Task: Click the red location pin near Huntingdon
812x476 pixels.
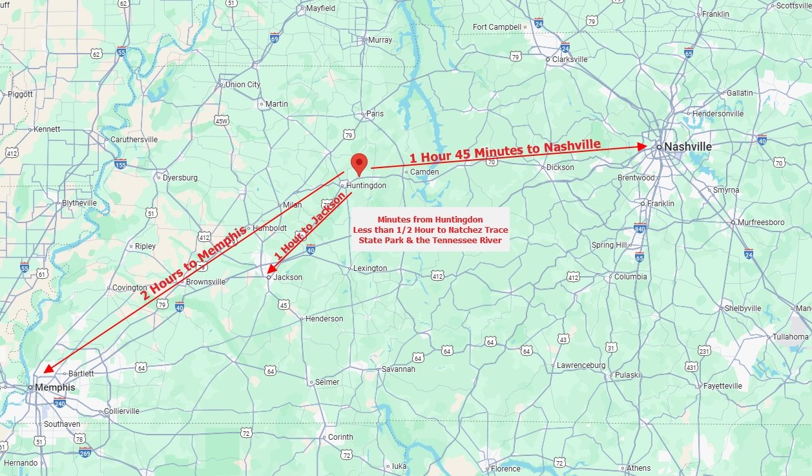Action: tap(359, 164)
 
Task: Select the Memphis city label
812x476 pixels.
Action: tap(54, 387)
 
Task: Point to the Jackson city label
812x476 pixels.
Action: tap(287, 277)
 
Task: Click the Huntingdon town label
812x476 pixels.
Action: tap(366, 186)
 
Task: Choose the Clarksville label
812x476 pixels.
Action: tap(570, 59)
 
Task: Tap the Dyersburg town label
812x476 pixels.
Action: tap(180, 177)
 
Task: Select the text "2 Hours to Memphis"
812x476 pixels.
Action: tap(193, 263)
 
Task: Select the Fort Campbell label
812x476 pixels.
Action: tap(497, 27)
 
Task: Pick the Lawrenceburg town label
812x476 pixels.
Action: tap(581, 365)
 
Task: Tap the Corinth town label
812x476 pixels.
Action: tap(340, 437)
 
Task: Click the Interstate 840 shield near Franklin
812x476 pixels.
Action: tap(640, 228)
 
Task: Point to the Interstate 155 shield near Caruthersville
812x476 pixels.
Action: tap(120, 164)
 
